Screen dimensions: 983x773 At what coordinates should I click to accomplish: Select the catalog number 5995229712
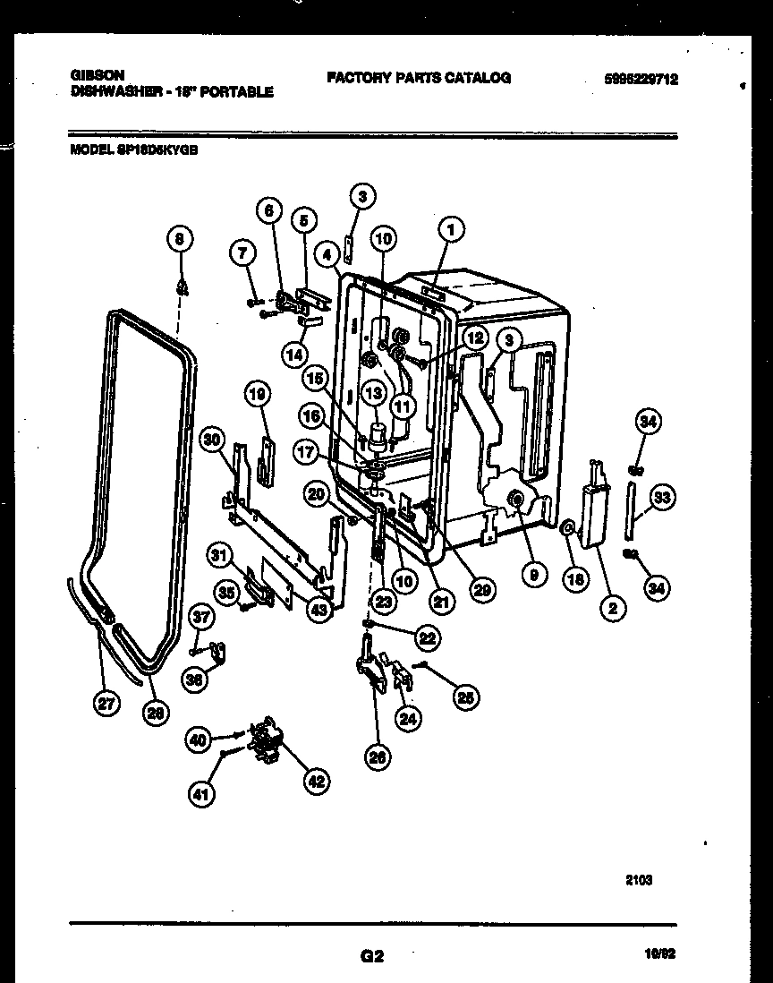(641, 79)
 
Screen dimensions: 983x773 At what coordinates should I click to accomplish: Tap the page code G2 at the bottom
(371, 955)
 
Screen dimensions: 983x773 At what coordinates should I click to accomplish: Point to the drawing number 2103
(639, 880)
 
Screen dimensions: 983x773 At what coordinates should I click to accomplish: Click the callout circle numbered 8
(180, 239)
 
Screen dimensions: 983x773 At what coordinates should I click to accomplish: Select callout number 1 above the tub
(451, 231)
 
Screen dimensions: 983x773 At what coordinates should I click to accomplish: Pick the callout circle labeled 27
(106, 704)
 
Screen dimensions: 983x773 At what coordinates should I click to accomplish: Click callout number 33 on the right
(662, 499)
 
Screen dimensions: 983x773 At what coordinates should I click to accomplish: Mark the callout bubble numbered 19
(258, 393)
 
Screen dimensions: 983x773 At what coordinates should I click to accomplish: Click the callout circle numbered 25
(465, 698)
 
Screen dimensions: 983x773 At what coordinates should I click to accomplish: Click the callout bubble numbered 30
(211, 440)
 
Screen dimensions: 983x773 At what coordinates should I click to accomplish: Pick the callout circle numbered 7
(240, 255)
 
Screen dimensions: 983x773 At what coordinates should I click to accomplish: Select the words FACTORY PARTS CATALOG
(418, 78)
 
